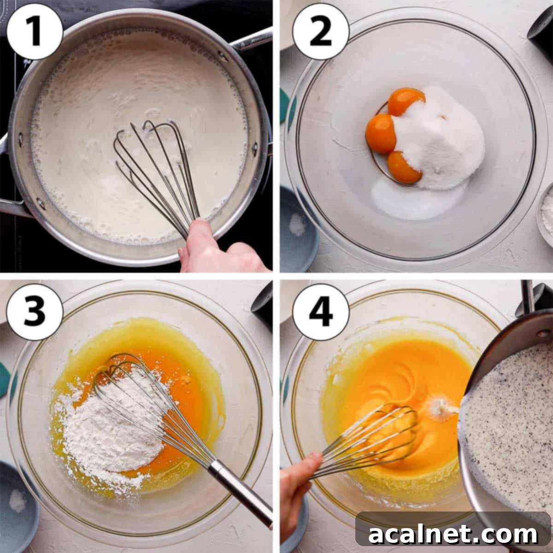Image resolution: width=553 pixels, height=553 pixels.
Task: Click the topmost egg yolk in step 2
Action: point(406,102)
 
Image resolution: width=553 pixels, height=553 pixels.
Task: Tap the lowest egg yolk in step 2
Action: point(403,167)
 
